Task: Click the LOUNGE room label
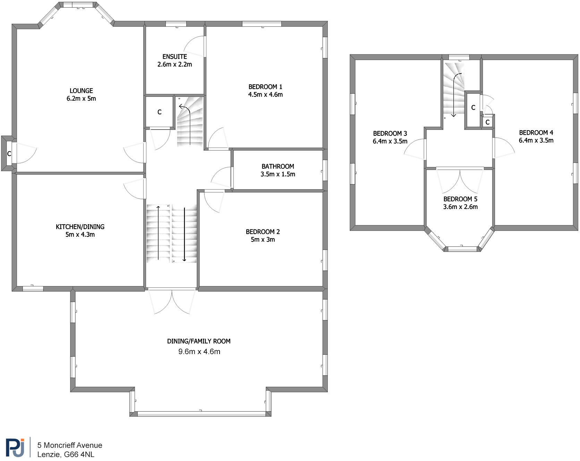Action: point(81,91)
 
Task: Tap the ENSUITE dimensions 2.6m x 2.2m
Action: point(174,65)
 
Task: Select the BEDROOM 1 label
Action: point(265,87)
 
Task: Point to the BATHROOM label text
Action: point(278,166)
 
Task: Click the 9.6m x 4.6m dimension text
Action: point(199,352)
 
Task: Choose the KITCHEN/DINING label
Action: point(80,227)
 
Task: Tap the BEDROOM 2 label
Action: point(263,232)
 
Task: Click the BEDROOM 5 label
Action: point(460,199)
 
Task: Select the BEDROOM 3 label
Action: point(390,133)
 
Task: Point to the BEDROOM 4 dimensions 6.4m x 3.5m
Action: point(536,141)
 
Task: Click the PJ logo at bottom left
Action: point(15,447)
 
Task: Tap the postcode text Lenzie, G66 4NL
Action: point(66,454)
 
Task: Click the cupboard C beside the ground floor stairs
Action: point(160,112)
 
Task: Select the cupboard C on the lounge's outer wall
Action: point(9,153)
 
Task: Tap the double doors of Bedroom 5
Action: point(460,181)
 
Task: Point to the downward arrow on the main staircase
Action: point(185,234)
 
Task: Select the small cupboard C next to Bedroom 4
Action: point(487,123)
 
